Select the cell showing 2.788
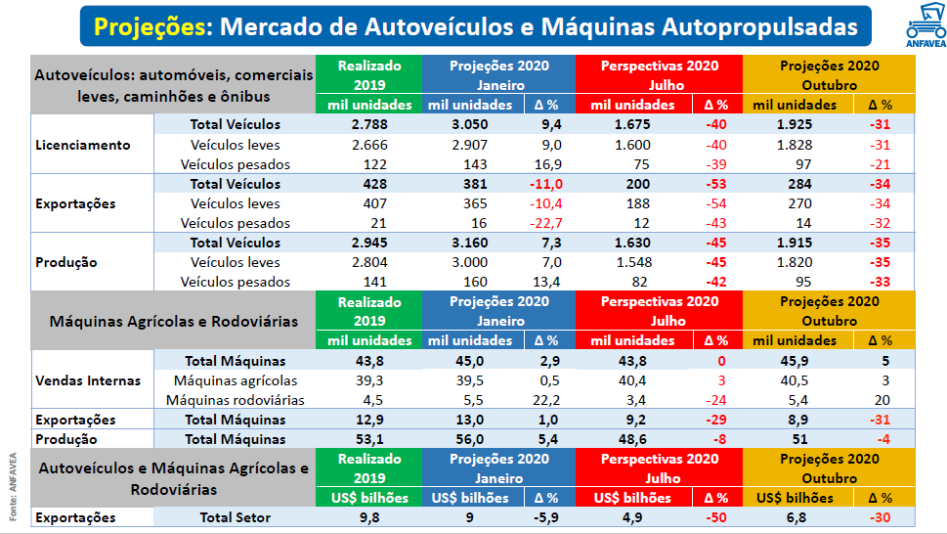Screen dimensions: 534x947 368,124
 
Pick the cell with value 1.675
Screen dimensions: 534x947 633,124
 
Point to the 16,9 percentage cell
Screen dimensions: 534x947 547,164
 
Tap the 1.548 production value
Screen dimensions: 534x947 633,262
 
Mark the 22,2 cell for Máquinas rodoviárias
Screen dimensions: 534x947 547,400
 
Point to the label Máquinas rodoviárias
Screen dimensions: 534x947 235,400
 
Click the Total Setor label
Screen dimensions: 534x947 235,517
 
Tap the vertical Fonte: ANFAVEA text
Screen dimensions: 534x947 13,485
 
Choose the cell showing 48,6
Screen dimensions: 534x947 633,439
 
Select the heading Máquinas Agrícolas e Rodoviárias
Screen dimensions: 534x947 175,320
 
